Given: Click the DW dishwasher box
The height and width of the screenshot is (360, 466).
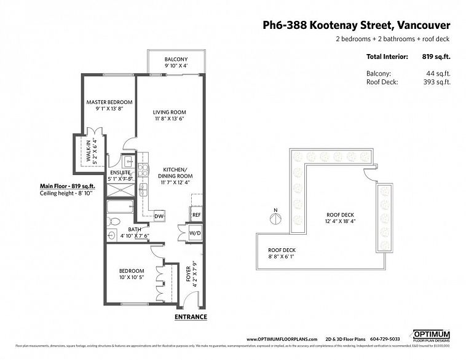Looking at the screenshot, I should [159, 216].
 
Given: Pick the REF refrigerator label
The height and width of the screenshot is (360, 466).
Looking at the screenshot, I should [196, 215].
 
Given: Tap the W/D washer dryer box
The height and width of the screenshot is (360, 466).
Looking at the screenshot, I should [195, 233].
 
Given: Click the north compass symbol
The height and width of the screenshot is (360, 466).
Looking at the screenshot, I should [274, 217].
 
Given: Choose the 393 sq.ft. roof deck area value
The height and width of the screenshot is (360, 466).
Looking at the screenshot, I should [434, 82].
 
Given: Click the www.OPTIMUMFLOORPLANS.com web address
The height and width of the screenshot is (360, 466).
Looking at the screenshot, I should [282, 338].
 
